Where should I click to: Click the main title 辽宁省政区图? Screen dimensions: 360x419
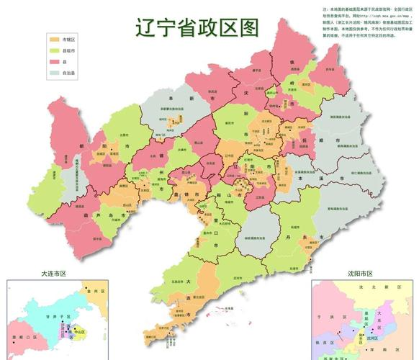coord(196,27)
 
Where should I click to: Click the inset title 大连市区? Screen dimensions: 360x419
coord(54,274)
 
